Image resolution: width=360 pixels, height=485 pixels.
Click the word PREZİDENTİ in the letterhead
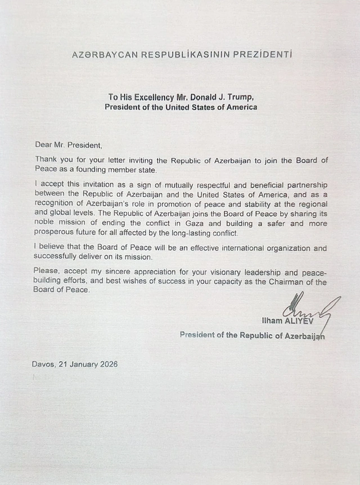click(x=262, y=55)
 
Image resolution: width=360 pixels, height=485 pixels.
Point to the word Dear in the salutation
click(x=43, y=145)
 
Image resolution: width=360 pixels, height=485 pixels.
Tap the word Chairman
click(x=287, y=281)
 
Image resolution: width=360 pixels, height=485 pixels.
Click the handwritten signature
click(x=307, y=309)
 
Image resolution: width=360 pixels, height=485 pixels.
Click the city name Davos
click(x=43, y=364)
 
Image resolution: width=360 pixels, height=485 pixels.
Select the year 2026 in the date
click(x=107, y=364)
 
